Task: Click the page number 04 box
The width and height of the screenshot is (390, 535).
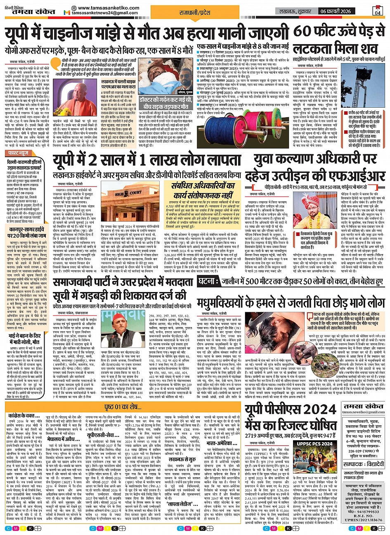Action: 377,10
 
